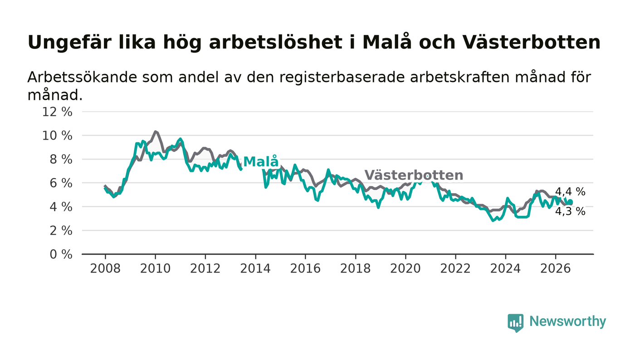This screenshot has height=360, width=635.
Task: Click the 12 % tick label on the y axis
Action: [57, 112]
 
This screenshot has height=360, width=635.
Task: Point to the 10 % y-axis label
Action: [57, 136]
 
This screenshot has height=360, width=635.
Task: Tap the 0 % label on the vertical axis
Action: [61, 254]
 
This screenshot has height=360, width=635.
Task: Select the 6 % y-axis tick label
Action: [61, 183]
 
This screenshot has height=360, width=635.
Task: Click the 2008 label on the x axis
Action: [105, 268]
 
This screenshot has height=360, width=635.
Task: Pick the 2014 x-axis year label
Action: [255, 268]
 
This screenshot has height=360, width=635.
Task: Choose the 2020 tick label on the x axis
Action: [405, 268]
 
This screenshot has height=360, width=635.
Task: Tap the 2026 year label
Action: [555, 268]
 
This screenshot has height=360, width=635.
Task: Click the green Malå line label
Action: [261, 161]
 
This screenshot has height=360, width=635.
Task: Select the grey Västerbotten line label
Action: [414, 175]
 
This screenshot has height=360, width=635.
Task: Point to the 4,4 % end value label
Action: [570, 192]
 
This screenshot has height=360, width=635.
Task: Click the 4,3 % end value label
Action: [570, 211]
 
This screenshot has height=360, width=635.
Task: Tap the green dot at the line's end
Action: [571, 202]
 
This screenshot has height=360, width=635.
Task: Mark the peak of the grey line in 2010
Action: [155, 131]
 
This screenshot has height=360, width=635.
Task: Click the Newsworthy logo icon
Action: [516, 323]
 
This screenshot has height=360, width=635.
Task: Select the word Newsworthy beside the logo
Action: [567, 321]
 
